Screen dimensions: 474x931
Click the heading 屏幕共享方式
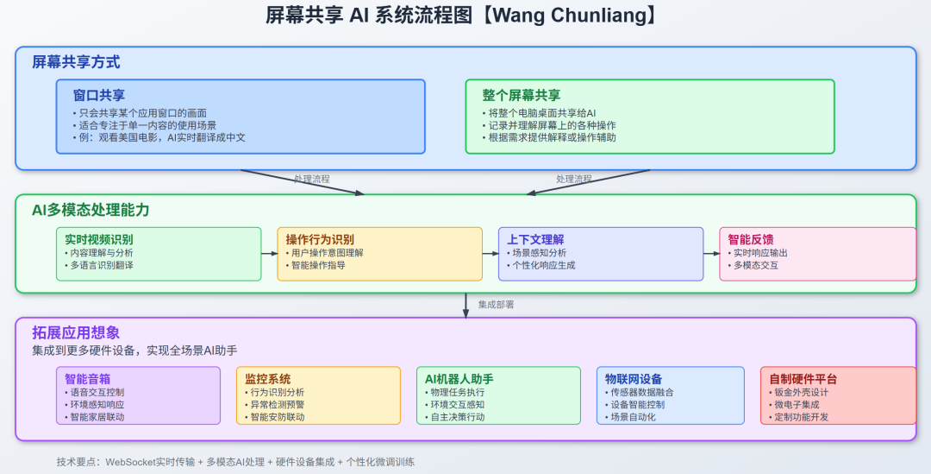tap(76, 62)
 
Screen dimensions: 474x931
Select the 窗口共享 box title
tap(99, 95)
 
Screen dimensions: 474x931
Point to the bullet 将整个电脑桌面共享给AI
tap(540, 113)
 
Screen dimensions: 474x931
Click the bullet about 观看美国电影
tap(159, 137)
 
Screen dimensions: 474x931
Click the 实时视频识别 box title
tap(99, 239)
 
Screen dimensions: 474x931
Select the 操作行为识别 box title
tap(320, 239)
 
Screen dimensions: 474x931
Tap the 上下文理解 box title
tap(535, 239)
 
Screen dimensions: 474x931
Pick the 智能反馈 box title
tap(752, 239)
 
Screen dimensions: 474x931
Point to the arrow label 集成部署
tap(497, 305)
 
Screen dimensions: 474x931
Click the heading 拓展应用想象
tap(76, 332)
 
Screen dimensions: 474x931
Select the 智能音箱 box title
tap(88, 378)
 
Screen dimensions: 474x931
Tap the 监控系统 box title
tap(267, 378)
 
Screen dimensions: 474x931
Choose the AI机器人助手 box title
tap(459, 378)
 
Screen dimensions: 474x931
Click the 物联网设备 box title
tap(634, 378)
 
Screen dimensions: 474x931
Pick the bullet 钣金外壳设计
tap(802, 391)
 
